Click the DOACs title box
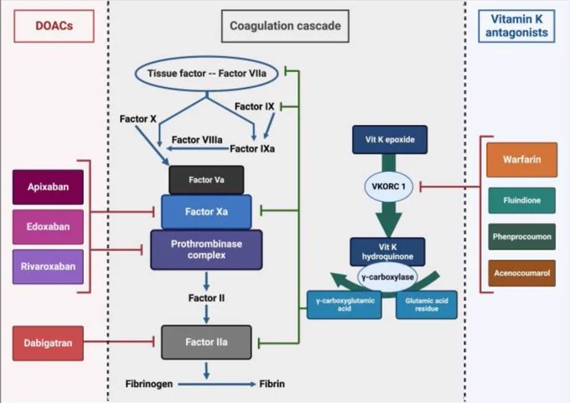(54, 26)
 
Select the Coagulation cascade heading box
(285, 26)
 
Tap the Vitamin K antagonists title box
(516, 26)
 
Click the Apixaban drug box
(48, 187)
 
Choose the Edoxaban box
(48, 227)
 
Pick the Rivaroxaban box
(48, 266)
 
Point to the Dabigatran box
(48, 343)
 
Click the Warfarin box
(521, 159)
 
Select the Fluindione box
(521, 200)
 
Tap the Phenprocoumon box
(521, 236)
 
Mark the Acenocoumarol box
(521, 273)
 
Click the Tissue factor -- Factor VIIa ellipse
(206, 74)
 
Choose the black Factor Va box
(206, 180)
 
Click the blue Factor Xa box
(206, 212)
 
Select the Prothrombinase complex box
(206, 250)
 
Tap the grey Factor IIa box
(206, 343)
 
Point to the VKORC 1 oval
(389, 187)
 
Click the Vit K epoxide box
(390, 140)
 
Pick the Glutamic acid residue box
(427, 305)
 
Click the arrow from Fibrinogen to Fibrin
(216, 384)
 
